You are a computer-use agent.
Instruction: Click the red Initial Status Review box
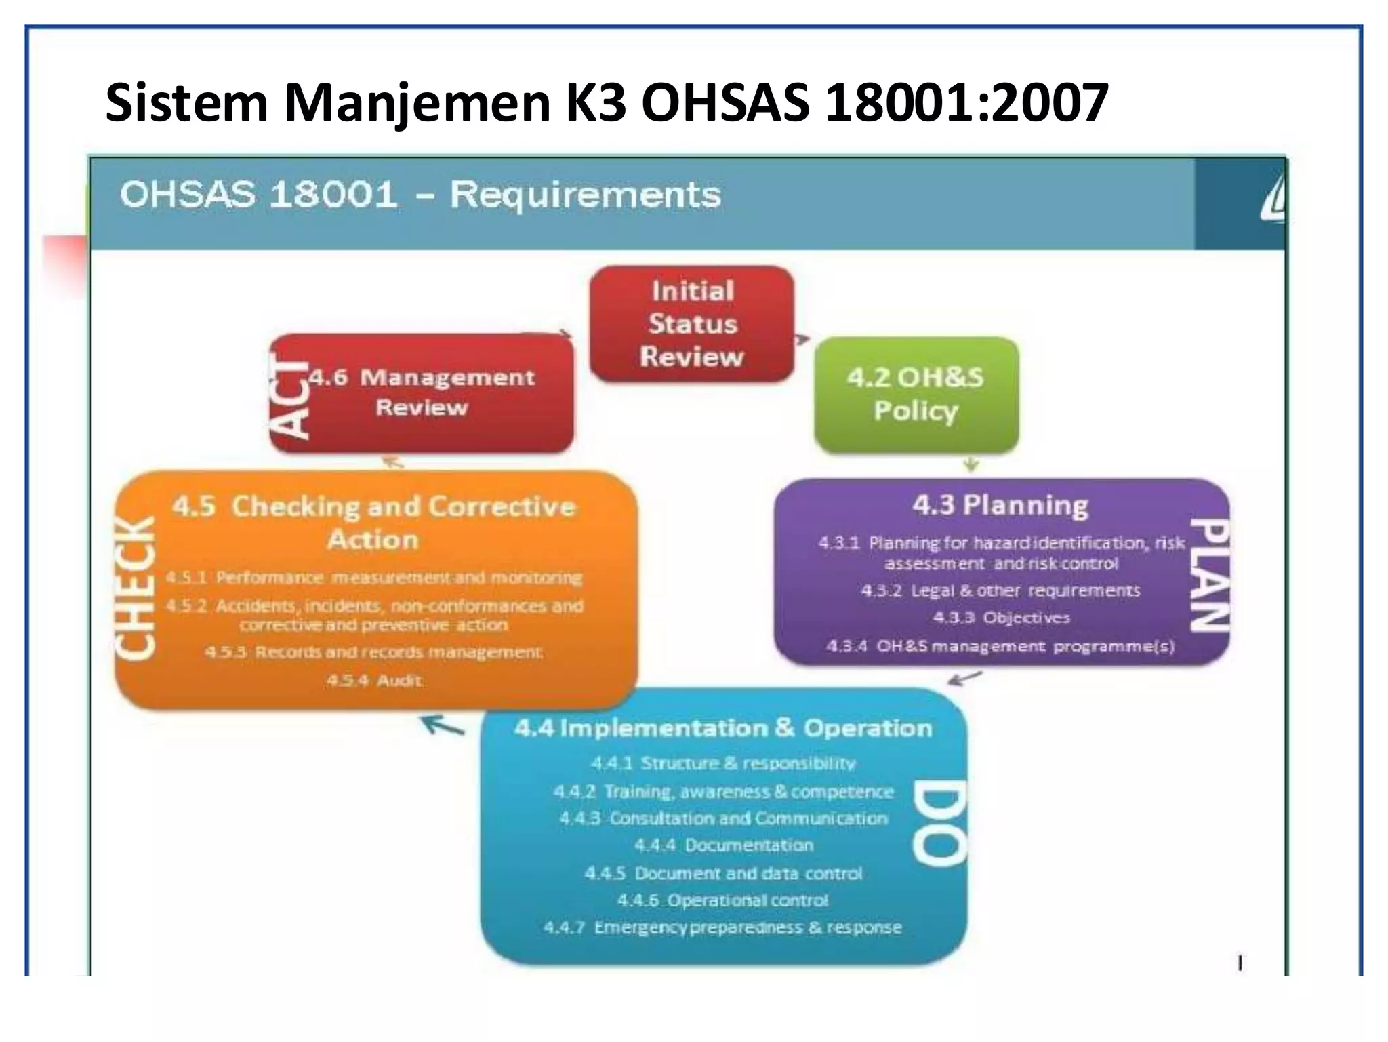691,323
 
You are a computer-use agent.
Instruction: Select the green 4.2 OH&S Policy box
916,394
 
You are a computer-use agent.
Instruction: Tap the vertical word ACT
290,396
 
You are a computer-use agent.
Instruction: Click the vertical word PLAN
1210,575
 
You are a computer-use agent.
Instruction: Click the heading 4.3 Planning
1000,505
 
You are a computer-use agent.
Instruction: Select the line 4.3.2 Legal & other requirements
1000,590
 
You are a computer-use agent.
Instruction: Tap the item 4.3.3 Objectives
1001,618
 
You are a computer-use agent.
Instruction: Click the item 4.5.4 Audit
374,680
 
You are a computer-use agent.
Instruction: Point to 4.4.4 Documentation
723,845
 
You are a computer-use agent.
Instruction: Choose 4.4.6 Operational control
722,900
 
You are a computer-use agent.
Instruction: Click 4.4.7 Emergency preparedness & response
722,927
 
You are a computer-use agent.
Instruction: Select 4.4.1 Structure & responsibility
722,763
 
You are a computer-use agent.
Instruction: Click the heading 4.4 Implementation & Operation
722,728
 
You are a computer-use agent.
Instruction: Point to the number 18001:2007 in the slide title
966,103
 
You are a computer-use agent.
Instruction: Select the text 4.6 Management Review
422,393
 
